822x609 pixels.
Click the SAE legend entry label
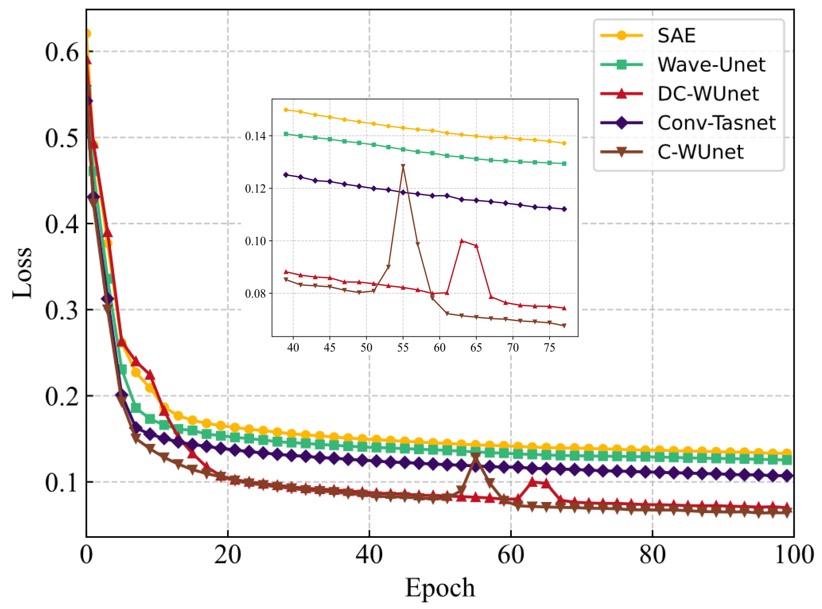tap(677, 36)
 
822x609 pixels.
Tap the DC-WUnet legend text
tap(708, 94)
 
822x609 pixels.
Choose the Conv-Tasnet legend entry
tap(716, 123)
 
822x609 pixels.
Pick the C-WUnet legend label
tap(700, 152)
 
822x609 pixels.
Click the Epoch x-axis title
tap(440, 588)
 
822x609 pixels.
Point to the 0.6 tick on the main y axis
tap(62, 52)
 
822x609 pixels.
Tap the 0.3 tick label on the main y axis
tap(62, 311)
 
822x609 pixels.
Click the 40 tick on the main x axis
tap(369, 555)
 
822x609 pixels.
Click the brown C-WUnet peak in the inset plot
tap(403, 166)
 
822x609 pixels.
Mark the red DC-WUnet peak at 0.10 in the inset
tap(462, 241)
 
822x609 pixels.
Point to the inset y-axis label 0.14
tap(255, 136)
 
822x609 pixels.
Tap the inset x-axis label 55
tap(403, 348)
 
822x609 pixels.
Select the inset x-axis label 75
tap(549, 348)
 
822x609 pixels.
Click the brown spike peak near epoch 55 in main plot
tap(476, 457)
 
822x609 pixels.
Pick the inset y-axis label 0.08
tap(255, 294)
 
